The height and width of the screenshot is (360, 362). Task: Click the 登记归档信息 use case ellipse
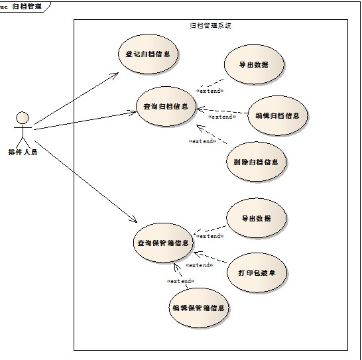148,54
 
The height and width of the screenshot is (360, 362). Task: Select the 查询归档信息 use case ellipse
166,107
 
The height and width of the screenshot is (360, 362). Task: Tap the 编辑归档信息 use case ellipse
278,115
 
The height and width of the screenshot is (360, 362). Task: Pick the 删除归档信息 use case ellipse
257,162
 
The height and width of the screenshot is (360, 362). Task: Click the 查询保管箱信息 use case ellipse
163,243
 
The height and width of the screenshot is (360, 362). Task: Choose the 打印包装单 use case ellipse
257,272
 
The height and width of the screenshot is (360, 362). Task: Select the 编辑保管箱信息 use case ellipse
199,308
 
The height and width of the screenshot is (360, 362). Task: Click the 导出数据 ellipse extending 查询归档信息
254,65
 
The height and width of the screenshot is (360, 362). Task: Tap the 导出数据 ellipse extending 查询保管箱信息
257,218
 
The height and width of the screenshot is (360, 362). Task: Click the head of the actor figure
23,118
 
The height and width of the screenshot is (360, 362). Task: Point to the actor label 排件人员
23,152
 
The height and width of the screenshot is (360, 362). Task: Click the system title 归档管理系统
211,25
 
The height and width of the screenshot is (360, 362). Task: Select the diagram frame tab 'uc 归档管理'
21,6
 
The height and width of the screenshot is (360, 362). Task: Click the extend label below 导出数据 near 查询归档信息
210,91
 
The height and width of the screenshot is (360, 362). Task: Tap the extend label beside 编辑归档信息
222,117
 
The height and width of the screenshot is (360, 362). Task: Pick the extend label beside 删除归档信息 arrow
203,141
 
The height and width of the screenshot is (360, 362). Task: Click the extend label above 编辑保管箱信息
180,281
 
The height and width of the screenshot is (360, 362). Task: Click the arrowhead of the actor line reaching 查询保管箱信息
135,220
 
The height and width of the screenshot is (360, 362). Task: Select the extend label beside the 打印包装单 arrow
200,265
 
